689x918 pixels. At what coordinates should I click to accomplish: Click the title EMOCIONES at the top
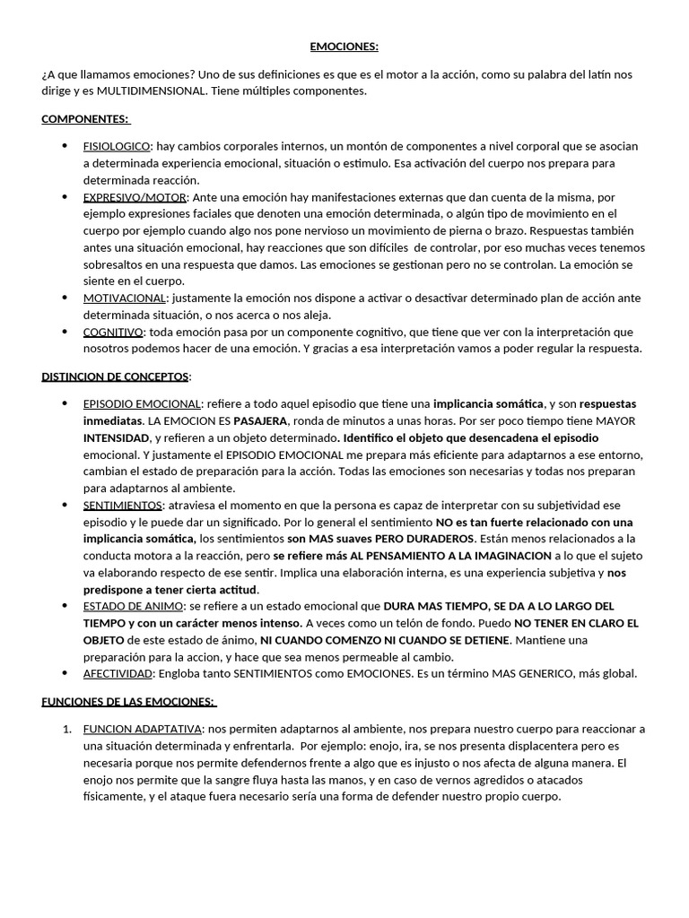344,47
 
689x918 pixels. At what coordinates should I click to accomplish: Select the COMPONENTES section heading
85,119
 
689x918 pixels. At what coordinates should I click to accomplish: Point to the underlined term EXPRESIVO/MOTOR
135,197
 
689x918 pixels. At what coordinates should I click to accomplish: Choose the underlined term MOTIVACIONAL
125,298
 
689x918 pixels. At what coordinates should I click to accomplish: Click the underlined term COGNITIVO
112,332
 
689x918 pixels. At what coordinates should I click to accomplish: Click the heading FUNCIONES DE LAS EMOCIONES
129,701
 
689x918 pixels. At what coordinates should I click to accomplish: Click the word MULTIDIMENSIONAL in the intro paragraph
149,91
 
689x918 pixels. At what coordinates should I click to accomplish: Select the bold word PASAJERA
261,420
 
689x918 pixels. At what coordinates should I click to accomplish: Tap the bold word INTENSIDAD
117,437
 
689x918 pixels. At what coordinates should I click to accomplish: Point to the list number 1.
67,729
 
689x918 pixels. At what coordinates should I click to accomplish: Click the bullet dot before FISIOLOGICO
65,146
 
